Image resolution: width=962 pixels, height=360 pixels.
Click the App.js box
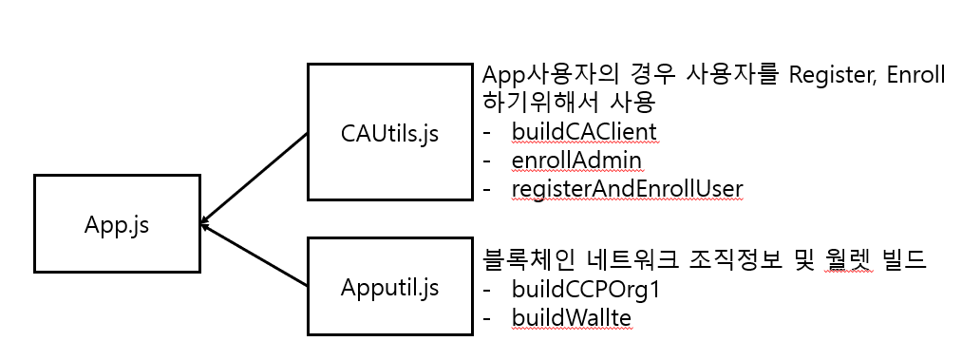click(117, 225)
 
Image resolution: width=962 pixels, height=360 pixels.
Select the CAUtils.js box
click(389, 132)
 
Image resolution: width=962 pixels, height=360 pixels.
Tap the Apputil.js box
click(389, 286)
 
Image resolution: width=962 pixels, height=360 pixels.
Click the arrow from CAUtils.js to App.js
click(255, 177)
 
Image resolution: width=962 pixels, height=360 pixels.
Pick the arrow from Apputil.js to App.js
click(255, 256)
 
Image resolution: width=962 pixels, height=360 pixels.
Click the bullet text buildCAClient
click(583, 130)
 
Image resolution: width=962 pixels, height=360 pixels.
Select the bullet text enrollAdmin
click(576, 160)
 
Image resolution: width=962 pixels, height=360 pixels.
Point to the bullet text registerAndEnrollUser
click(627, 189)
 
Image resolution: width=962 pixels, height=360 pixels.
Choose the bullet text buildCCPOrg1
click(585, 289)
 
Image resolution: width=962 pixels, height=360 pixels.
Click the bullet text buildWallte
click(571, 318)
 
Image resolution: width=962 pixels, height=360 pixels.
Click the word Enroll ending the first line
click(915, 75)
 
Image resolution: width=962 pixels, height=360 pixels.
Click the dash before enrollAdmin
click(488, 160)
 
